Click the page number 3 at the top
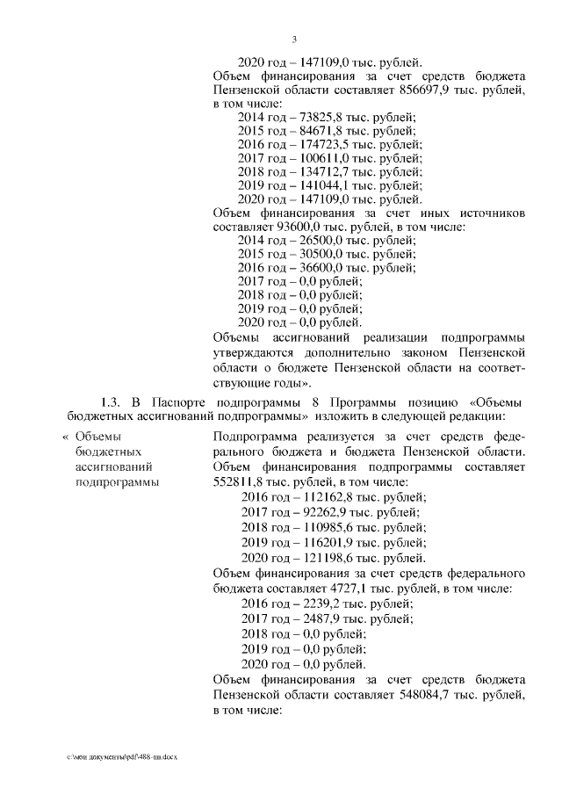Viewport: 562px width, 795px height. coord(294,40)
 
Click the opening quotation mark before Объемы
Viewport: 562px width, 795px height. coord(63,437)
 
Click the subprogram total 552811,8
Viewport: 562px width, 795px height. coord(241,481)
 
